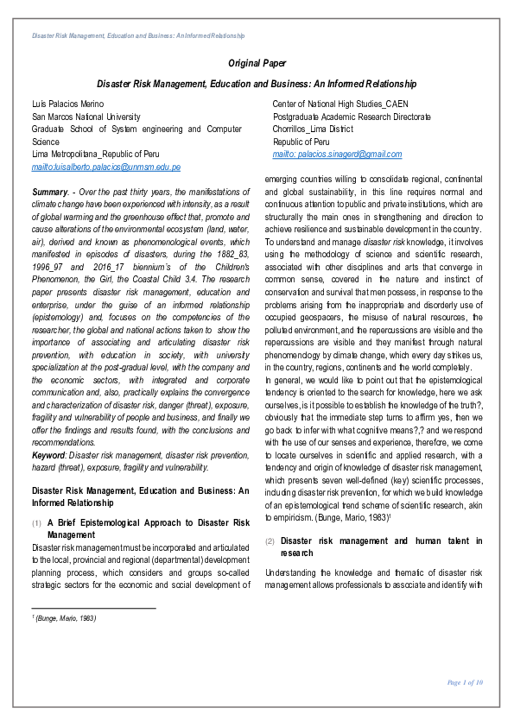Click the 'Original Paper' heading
point(257,63)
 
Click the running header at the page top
point(138,35)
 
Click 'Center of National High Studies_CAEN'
point(340,104)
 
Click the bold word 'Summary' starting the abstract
point(49,190)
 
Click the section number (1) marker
point(36,523)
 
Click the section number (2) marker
point(270,541)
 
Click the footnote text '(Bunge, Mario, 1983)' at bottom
point(65,618)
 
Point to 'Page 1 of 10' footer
point(465,682)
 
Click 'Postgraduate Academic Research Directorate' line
point(352,117)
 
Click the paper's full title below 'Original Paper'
point(257,85)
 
